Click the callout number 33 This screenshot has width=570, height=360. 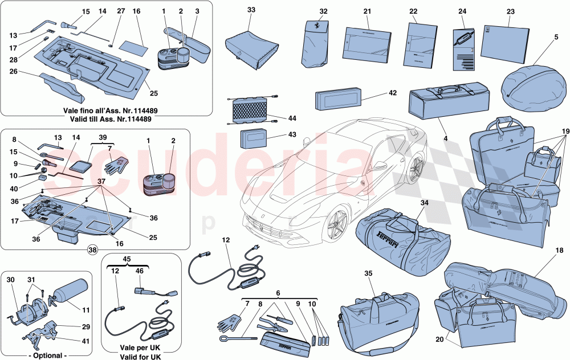[x=252, y=10]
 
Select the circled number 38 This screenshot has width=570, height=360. [x=92, y=249]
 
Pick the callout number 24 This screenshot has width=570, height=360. [x=462, y=11]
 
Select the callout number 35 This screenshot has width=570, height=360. [x=369, y=273]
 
